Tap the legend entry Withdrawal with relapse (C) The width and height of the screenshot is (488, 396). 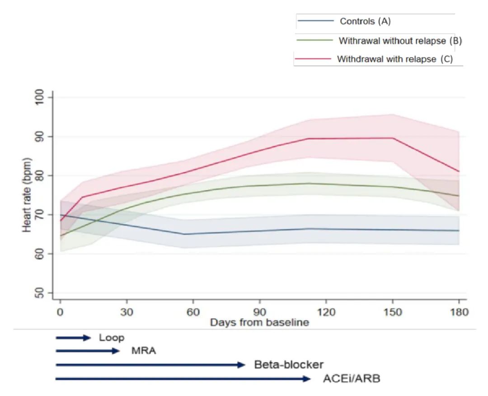(x=394, y=59)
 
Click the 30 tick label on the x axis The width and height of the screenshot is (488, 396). (x=126, y=312)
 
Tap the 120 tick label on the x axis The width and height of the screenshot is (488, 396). (x=326, y=312)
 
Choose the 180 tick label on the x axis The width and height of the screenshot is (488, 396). (x=459, y=312)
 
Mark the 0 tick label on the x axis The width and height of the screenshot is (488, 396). (x=60, y=312)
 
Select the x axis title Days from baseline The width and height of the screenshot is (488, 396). (x=259, y=323)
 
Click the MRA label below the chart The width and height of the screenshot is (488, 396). (x=144, y=351)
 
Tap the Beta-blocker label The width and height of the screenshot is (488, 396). (x=289, y=365)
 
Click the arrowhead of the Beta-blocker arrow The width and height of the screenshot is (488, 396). (x=242, y=365)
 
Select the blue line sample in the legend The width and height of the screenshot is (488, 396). (x=315, y=21)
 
